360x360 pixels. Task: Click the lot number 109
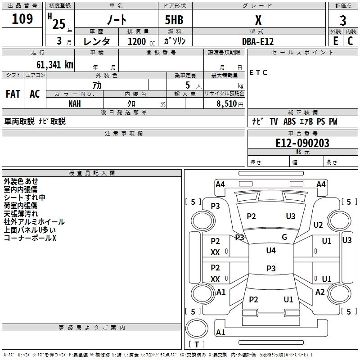pos(22,19)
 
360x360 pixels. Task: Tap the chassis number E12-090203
pos(302,143)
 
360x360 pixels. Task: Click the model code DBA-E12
pos(258,41)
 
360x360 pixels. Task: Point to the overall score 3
pos(343,20)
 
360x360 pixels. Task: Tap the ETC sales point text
pos(258,72)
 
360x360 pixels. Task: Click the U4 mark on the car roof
pos(271,250)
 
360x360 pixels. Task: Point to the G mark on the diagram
pos(284,237)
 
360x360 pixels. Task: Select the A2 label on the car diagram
pos(320,292)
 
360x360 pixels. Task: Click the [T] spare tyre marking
pos(197,344)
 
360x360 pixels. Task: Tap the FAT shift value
pos(13,94)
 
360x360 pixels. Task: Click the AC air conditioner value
pos(35,94)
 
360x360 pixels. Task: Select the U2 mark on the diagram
pos(318,225)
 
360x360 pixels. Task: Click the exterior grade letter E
pos(335,41)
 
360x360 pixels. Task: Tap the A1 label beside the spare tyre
pos(220,333)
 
